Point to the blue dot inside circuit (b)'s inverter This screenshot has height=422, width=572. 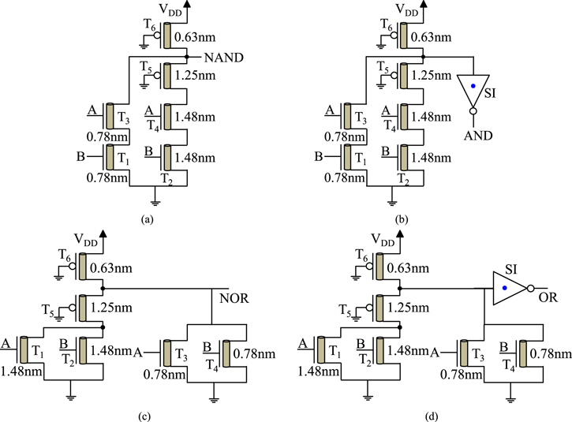pyautogui.click(x=473, y=84)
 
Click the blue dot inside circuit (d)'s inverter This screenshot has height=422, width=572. pyautogui.click(x=505, y=289)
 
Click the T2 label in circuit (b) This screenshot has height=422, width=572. pyautogui.click(x=403, y=178)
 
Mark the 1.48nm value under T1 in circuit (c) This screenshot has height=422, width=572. pyautogui.click(x=17, y=371)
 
